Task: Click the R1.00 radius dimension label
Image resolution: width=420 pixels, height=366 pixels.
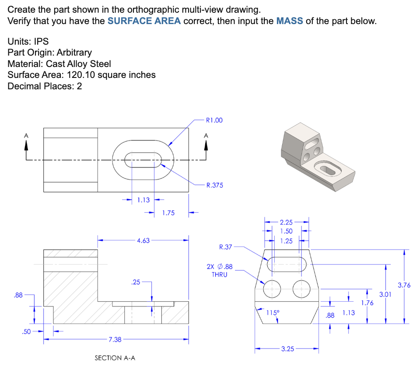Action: (214, 120)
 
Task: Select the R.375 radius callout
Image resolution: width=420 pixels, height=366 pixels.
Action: (214, 185)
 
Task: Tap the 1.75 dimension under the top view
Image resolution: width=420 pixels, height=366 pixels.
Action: (168, 213)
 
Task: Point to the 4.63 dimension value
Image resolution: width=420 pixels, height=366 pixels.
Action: (143, 240)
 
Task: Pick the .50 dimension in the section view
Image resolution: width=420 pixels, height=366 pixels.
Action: (27, 332)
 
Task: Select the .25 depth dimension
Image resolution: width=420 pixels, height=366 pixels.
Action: (136, 282)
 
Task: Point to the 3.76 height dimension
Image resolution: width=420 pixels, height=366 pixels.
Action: (404, 285)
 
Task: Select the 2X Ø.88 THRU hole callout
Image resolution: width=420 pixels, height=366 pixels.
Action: (219, 270)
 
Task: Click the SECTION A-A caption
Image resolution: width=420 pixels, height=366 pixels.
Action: (115, 358)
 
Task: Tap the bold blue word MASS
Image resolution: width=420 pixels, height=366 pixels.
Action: (290, 21)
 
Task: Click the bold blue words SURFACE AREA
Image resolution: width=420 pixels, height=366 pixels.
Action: (144, 21)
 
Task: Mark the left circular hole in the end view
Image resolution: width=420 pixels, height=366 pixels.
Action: (272, 287)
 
